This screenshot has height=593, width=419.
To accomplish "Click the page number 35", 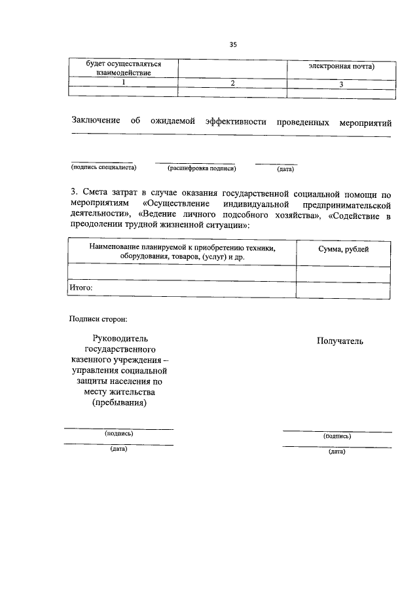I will coord(233,45).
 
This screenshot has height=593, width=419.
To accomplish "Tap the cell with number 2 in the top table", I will coord(232,83).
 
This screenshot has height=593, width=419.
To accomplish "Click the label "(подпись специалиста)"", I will coord(103,168).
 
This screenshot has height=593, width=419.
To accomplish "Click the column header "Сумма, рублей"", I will coord(343,249).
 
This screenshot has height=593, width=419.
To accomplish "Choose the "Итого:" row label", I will coord(82,288).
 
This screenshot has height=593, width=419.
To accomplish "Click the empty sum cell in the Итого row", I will coord(343,288).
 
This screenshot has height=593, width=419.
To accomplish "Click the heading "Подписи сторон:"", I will coord(98,319).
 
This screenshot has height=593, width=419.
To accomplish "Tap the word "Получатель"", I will coord(340,341).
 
